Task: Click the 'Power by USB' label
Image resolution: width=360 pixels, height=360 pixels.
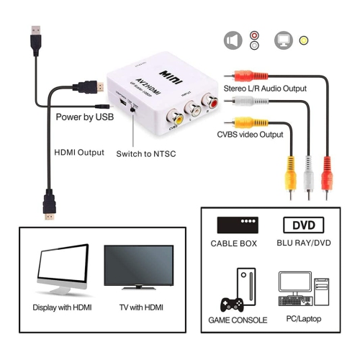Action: click(x=84, y=117)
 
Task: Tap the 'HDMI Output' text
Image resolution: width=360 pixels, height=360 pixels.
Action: click(x=79, y=153)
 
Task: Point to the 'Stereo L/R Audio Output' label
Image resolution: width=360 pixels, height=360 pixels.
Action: click(x=265, y=89)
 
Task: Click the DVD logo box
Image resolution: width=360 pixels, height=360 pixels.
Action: click(x=303, y=225)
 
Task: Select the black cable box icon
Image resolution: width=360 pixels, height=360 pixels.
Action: click(x=237, y=225)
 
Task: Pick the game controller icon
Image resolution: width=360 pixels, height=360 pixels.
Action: click(x=230, y=303)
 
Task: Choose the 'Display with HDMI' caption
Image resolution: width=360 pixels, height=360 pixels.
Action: click(x=63, y=307)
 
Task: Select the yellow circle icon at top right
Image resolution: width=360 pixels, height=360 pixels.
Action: click(x=304, y=40)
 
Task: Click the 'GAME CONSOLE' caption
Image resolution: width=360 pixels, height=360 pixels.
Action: click(x=238, y=320)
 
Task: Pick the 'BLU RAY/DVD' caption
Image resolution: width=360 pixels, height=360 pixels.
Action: click(x=303, y=243)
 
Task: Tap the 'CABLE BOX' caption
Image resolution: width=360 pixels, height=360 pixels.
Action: click(x=234, y=243)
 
